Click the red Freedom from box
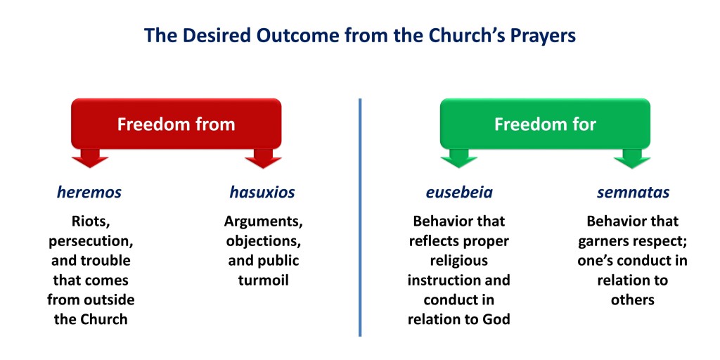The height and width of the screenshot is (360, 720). coord(176,124)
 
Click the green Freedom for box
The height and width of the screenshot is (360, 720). coord(545,124)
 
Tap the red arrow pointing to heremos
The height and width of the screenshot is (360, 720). coord(90,158)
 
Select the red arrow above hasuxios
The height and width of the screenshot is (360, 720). coord(263,158)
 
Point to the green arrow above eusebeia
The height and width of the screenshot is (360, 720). coord(458,158)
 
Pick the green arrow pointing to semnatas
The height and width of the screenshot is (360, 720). coord(632,158)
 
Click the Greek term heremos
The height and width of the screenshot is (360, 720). coord(89,193)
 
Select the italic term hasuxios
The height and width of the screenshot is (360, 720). coord(262,193)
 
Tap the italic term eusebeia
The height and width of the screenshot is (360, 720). coord(459,193)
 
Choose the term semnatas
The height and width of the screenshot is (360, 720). coord(634,193)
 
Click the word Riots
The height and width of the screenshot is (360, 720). coord(91,221)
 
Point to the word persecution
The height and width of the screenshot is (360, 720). coord(91,242)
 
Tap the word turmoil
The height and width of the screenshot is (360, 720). coord(264,280)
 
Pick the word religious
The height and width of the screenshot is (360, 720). coord(459,261)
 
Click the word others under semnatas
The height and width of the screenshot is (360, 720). coord(633,300)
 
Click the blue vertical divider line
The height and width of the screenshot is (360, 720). coord(360,217)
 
